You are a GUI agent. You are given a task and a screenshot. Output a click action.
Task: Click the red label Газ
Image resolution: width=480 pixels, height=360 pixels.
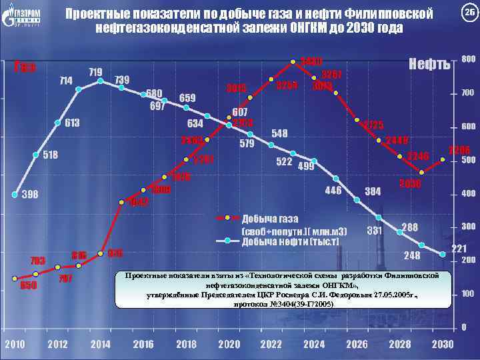coord(25,65)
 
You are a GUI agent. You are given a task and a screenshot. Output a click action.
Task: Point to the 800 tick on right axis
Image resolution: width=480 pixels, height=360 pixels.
coord(469,59)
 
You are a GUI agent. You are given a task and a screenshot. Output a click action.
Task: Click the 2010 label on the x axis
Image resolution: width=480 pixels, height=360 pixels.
coord(16,344)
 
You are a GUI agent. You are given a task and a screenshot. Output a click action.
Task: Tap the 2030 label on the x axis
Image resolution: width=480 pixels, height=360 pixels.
coord(443,344)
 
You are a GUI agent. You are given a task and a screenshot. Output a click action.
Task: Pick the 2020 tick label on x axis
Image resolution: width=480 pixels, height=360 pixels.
coord(229,344)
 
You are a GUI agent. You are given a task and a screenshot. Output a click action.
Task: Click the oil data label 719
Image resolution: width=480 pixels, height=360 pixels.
coord(95,71)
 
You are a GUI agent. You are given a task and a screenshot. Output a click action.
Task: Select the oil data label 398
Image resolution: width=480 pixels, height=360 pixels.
coord(29,195)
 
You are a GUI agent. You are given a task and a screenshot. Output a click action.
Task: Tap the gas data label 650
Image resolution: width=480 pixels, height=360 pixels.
coord(28,285)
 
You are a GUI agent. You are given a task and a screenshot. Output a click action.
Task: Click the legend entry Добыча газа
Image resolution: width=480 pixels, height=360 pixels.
coord(270,219)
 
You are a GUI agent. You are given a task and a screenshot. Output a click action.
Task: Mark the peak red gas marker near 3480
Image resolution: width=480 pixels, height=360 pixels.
coord(293,62)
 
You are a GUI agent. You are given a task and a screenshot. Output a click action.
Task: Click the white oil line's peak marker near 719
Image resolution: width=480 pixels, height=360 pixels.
coord(101,81)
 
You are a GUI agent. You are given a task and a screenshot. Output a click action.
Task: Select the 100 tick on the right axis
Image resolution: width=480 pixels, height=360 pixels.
coord(469,293)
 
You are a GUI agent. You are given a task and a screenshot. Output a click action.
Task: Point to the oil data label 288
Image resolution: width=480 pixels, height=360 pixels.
coord(409,227)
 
